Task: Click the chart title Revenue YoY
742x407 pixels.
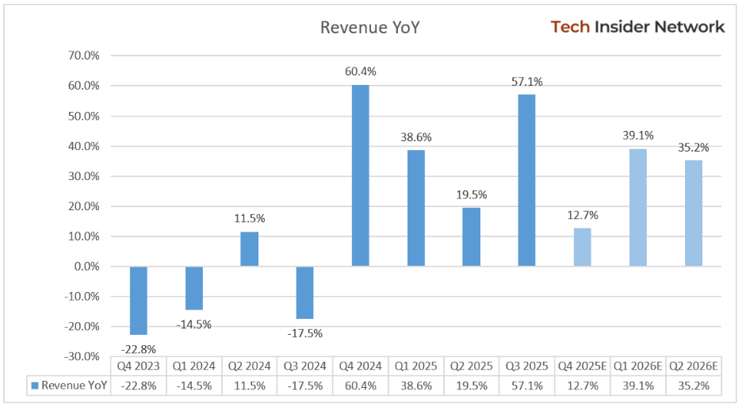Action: tap(369, 28)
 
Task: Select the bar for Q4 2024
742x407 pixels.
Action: tap(361, 175)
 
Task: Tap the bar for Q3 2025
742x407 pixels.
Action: tap(526, 180)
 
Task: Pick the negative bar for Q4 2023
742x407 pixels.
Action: tap(139, 301)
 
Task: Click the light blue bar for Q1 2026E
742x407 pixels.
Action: tap(638, 207)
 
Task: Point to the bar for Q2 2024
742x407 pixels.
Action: tap(250, 249)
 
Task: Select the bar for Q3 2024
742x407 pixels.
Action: tap(305, 293)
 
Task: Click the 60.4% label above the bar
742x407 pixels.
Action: tap(361, 71)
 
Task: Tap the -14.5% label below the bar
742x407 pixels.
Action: tap(194, 324)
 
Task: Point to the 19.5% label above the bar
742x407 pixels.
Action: tap(472, 194)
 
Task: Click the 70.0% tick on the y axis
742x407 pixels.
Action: tap(83, 56)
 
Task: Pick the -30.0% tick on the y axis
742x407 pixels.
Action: tap(82, 356)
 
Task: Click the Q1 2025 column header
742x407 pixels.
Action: tap(416, 366)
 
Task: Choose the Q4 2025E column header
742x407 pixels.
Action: tap(582, 366)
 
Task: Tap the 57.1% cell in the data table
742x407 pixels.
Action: tap(526, 386)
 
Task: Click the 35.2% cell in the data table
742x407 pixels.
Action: tap(694, 386)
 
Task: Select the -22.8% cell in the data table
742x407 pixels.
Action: tap(139, 386)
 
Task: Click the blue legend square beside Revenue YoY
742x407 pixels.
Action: tap(34, 386)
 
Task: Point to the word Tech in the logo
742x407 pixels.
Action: tap(570, 27)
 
